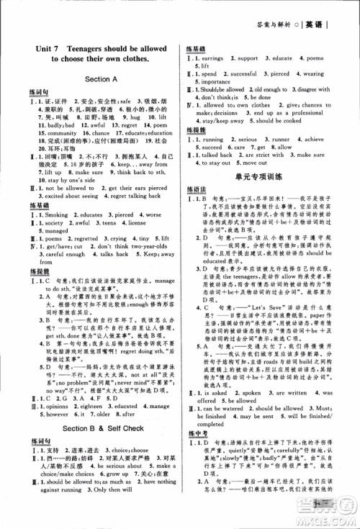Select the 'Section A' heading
point(101,78)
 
